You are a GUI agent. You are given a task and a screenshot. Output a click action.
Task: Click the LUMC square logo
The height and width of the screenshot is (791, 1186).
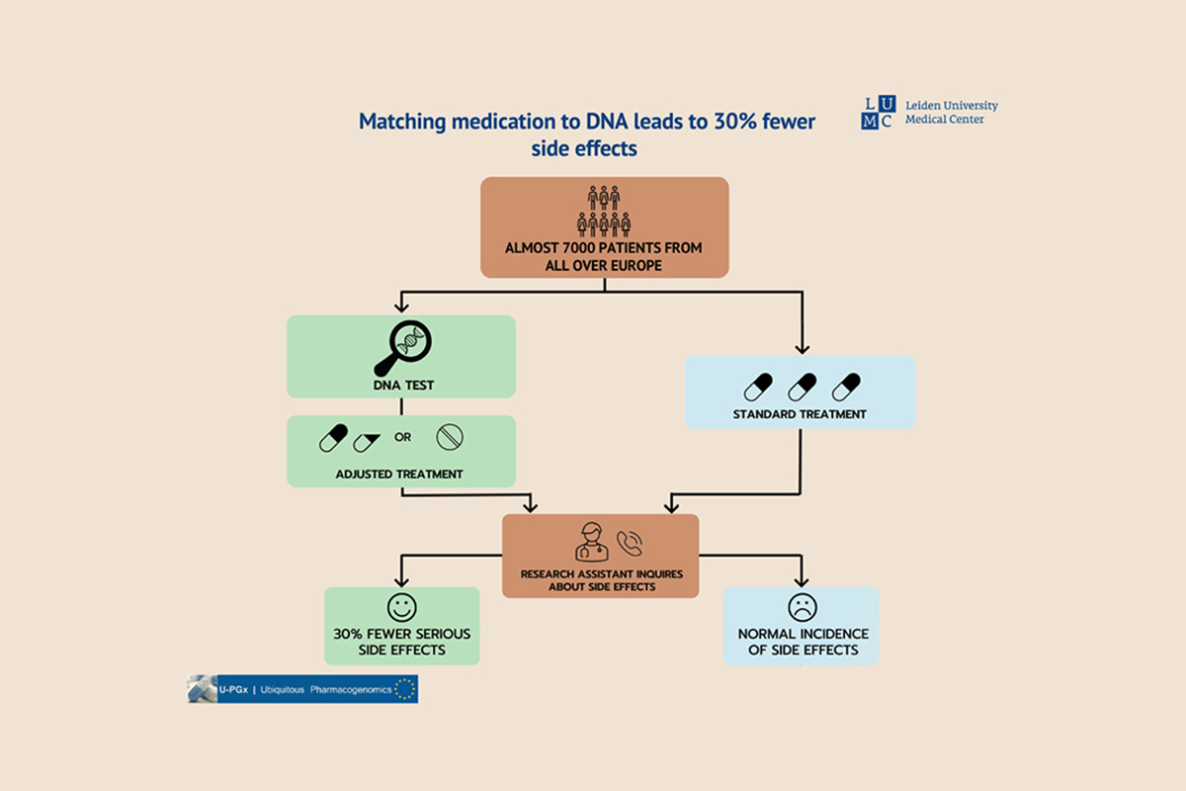[877, 113]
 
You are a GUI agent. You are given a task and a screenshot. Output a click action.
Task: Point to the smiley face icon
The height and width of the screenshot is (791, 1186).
[402, 606]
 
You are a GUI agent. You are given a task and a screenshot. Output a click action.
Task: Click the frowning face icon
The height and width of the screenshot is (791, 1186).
[801, 606]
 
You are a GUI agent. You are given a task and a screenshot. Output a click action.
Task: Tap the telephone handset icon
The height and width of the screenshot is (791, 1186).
[630, 543]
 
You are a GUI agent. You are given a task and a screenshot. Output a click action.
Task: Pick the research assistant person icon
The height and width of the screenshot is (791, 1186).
[590, 542]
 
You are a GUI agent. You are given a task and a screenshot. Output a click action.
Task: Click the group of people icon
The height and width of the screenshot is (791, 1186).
[604, 210]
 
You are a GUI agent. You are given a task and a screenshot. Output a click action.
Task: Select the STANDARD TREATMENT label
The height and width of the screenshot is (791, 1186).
[800, 413]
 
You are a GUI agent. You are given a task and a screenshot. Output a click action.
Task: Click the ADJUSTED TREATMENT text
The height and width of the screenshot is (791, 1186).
[399, 474]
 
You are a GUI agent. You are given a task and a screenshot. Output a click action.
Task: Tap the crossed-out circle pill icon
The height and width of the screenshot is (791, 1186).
[450, 437]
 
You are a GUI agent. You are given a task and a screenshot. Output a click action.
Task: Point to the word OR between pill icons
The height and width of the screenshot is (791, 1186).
[402, 436]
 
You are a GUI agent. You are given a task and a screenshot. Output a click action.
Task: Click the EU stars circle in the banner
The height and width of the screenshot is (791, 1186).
[404, 689]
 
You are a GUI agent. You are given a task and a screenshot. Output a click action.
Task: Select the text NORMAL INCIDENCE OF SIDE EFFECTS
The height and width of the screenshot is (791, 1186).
[802, 642]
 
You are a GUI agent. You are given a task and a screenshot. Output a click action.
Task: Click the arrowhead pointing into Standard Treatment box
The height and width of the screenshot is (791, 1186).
[801, 348]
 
